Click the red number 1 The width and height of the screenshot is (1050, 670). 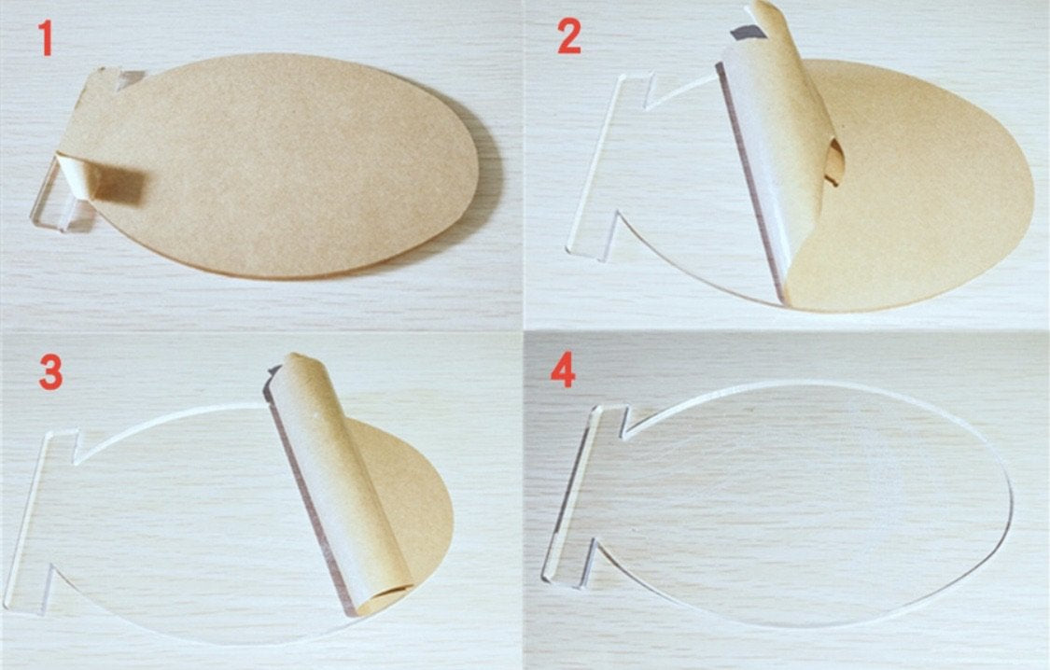click(45, 38)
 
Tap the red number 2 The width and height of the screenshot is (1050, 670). click(569, 36)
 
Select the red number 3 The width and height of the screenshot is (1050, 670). click(51, 372)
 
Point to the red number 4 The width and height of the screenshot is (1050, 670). click(563, 370)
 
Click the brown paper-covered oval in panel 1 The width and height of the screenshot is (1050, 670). click(281, 164)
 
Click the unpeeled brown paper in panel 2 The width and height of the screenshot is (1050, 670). click(911, 188)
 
